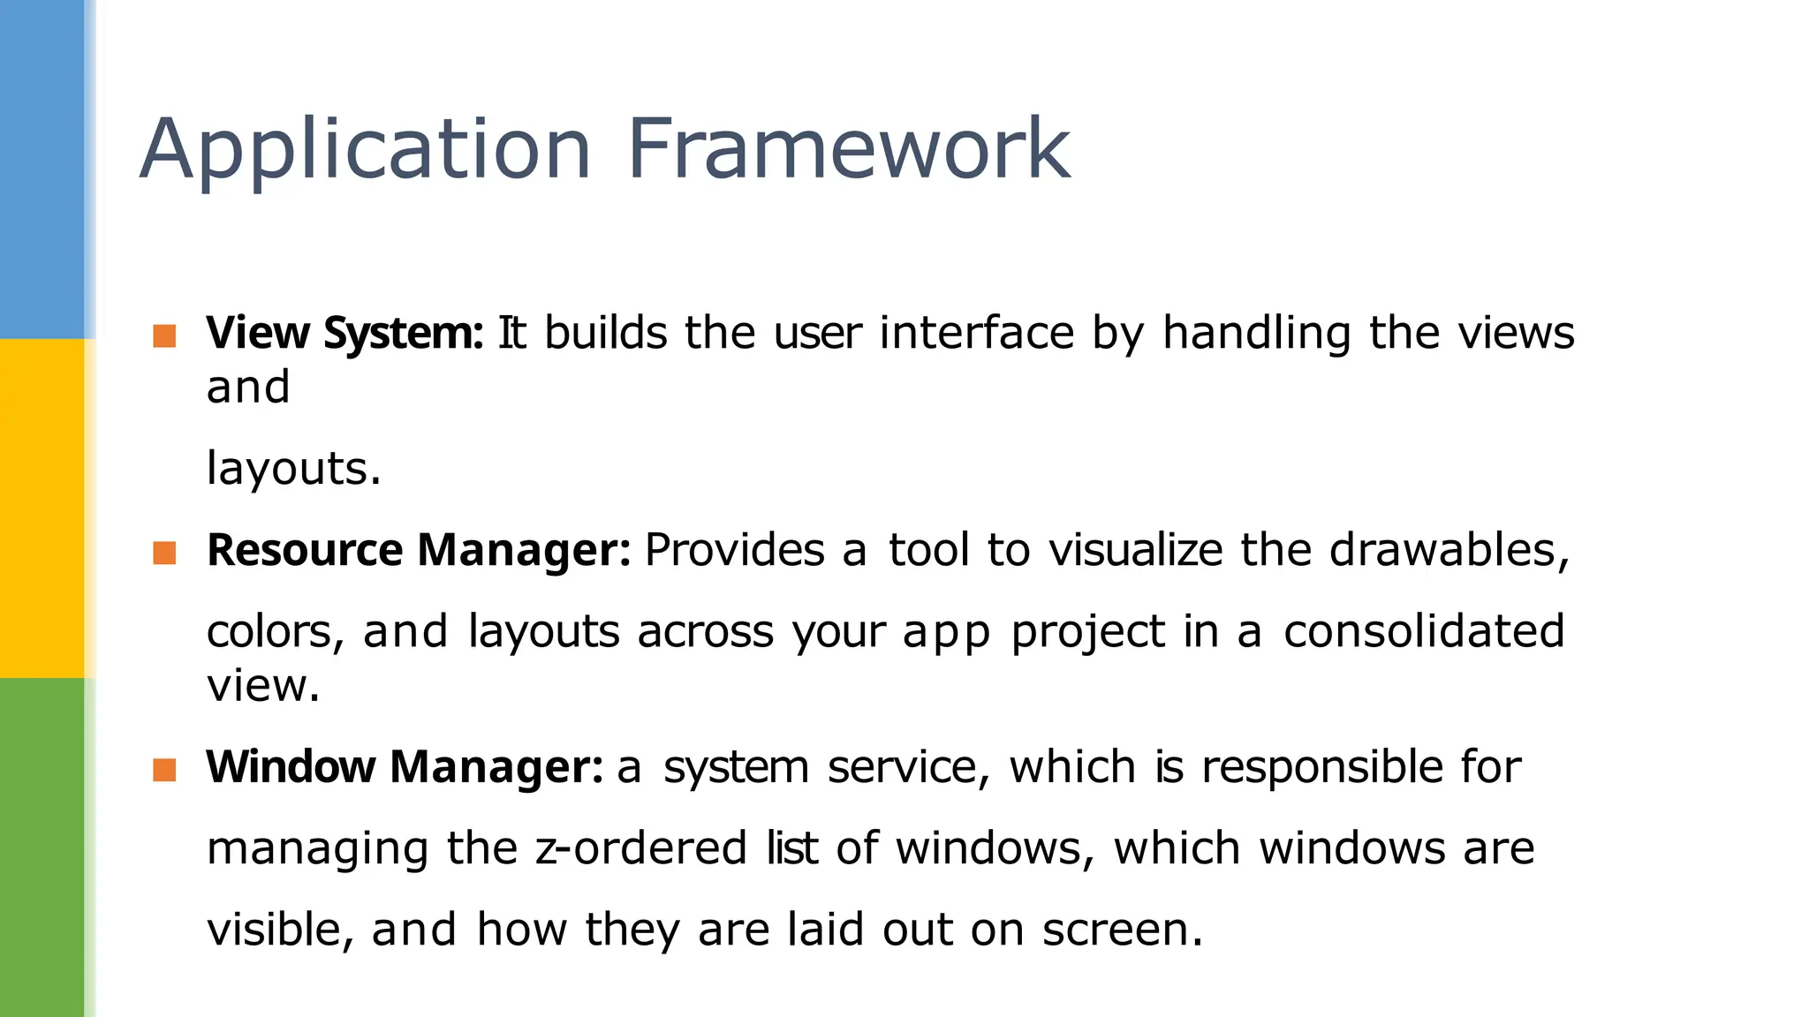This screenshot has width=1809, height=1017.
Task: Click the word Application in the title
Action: (x=365, y=150)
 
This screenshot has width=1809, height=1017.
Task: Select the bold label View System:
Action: (x=344, y=334)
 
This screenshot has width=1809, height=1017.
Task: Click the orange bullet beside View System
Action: (x=164, y=335)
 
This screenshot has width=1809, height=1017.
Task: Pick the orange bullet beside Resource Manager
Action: (x=164, y=553)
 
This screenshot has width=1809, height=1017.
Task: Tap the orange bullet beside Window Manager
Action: (x=164, y=770)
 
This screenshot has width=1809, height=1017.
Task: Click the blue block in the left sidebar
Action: (x=42, y=168)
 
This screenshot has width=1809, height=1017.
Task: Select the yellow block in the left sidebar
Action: (x=42, y=508)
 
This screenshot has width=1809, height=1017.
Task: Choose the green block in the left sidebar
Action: (x=42, y=847)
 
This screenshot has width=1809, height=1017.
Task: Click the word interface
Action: (x=977, y=334)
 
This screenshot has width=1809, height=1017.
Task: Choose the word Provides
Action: (x=735, y=551)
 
